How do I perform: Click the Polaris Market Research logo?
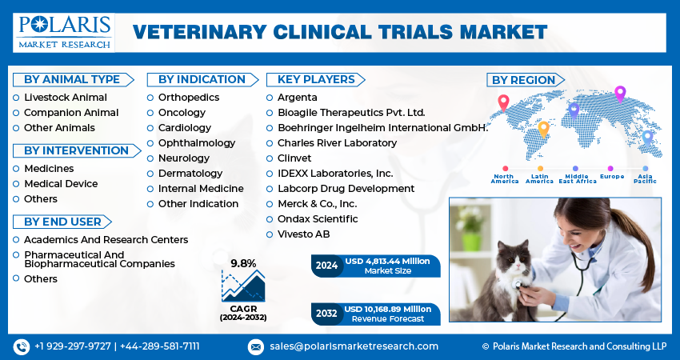(x=63, y=32)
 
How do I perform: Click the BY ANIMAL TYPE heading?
(x=71, y=79)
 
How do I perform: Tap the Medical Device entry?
(x=61, y=183)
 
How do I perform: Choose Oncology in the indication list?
(x=182, y=112)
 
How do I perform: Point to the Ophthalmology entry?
(x=197, y=142)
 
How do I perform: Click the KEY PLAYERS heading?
(x=316, y=79)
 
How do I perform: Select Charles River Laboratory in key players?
(x=337, y=142)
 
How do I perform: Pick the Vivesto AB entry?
(x=303, y=234)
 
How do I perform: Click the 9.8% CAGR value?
(x=243, y=263)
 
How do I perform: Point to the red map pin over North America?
(x=503, y=102)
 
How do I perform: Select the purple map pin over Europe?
(x=619, y=94)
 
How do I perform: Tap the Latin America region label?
(x=539, y=179)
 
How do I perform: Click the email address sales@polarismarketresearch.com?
(x=353, y=346)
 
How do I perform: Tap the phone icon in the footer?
(x=22, y=346)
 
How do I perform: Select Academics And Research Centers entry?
(x=106, y=239)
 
